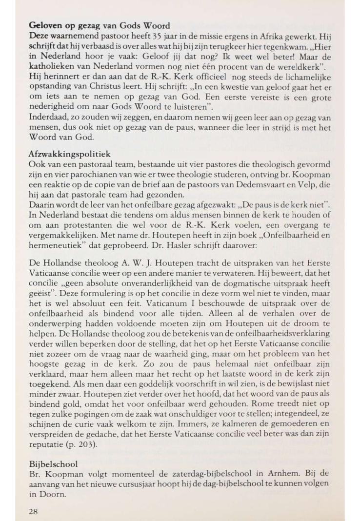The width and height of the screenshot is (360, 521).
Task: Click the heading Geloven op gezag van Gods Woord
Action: click(100, 25)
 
